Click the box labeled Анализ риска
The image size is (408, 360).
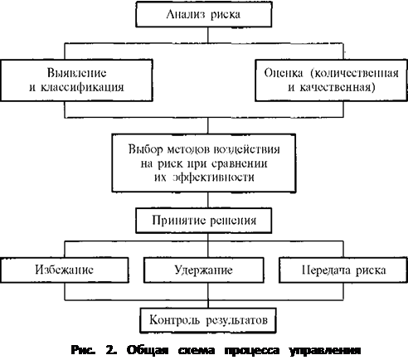pyautogui.click(x=204, y=14)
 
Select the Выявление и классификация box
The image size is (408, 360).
pyautogui.click(x=76, y=80)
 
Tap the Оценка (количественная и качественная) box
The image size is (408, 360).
pyautogui.click(x=331, y=80)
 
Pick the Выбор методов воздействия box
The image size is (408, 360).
pyautogui.click(x=204, y=163)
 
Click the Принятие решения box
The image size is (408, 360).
pyautogui.click(x=204, y=221)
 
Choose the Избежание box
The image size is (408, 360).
pyautogui.click(x=65, y=270)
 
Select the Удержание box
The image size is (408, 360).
pyautogui.click(x=204, y=270)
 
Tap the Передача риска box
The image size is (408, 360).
pyautogui.click(x=343, y=270)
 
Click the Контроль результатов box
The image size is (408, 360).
pyautogui.click(x=208, y=320)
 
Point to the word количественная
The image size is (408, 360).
pyautogui.click(x=355, y=73)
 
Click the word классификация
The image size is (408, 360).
pyautogui.click(x=82, y=88)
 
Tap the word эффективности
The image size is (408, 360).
pyautogui.click(x=214, y=178)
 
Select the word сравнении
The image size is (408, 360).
pyautogui.click(x=240, y=163)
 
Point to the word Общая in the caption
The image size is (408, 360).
pyautogui.click(x=148, y=351)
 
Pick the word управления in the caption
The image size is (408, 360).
pyautogui.click(x=325, y=351)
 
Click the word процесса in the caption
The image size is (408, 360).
pyautogui.click(x=252, y=351)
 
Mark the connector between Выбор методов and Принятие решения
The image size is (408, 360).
pyautogui.click(x=208, y=200)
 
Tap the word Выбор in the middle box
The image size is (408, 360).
pyautogui.click(x=146, y=149)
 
